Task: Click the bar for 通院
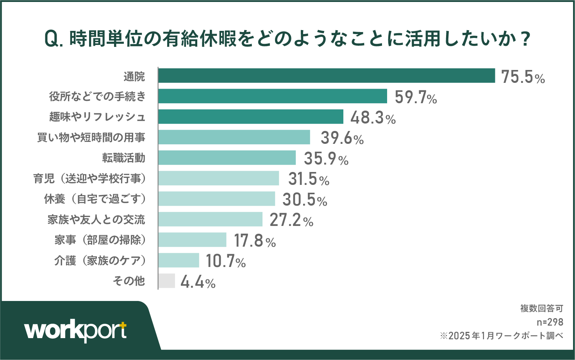click(x=327, y=76)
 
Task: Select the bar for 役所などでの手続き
click(x=273, y=96)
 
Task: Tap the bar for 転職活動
click(x=227, y=158)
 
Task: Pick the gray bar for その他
click(x=167, y=281)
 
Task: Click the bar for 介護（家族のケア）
click(x=179, y=260)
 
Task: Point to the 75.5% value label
click(x=523, y=77)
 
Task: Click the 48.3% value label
click(x=373, y=117)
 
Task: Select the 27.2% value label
click(x=291, y=220)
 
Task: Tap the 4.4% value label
click(x=198, y=282)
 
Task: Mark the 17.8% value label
click(x=255, y=240)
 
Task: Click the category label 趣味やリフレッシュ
click(x=97, y=117)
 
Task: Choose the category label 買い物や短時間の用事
click(x=91, y=138)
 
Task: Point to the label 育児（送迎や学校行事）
click(x=89, y=179)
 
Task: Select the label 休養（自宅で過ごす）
click(x=95, y=199)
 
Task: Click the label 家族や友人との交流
click(x=96, y=220)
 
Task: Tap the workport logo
click(x=76, y=331)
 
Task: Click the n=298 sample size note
click(x=550, y=322)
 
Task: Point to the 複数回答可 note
click(x=541, y=308)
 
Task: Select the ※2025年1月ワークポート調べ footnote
click(x=502, y=336)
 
